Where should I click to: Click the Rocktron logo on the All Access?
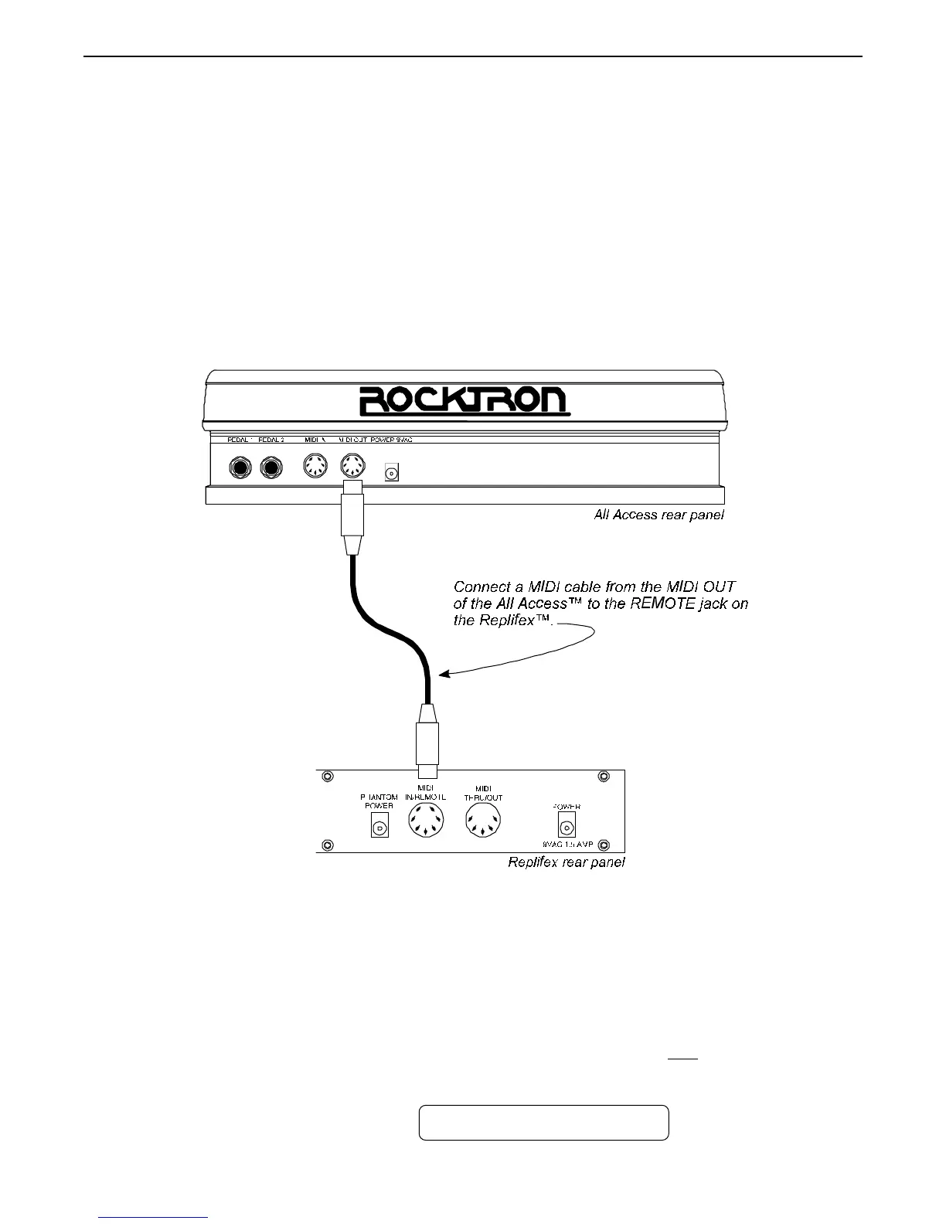click(464, 401)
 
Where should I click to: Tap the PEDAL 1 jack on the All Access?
click(240, 468)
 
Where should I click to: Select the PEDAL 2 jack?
click(271, 468)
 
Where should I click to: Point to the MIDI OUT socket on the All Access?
click(352, 468)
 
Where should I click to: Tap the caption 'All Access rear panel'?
click(658, 515)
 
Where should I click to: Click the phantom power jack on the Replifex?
click(379, 828)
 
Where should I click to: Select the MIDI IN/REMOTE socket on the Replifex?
click(426, 821)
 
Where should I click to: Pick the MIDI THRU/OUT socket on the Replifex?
click(483, 821)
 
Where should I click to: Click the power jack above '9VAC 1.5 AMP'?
click(567, 827)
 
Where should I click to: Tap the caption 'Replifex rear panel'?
click(566, 862)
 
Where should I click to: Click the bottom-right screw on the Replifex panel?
click(604, 845)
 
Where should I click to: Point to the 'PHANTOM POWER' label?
click(379, 801)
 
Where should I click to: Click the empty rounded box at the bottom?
click(543, 1123)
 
